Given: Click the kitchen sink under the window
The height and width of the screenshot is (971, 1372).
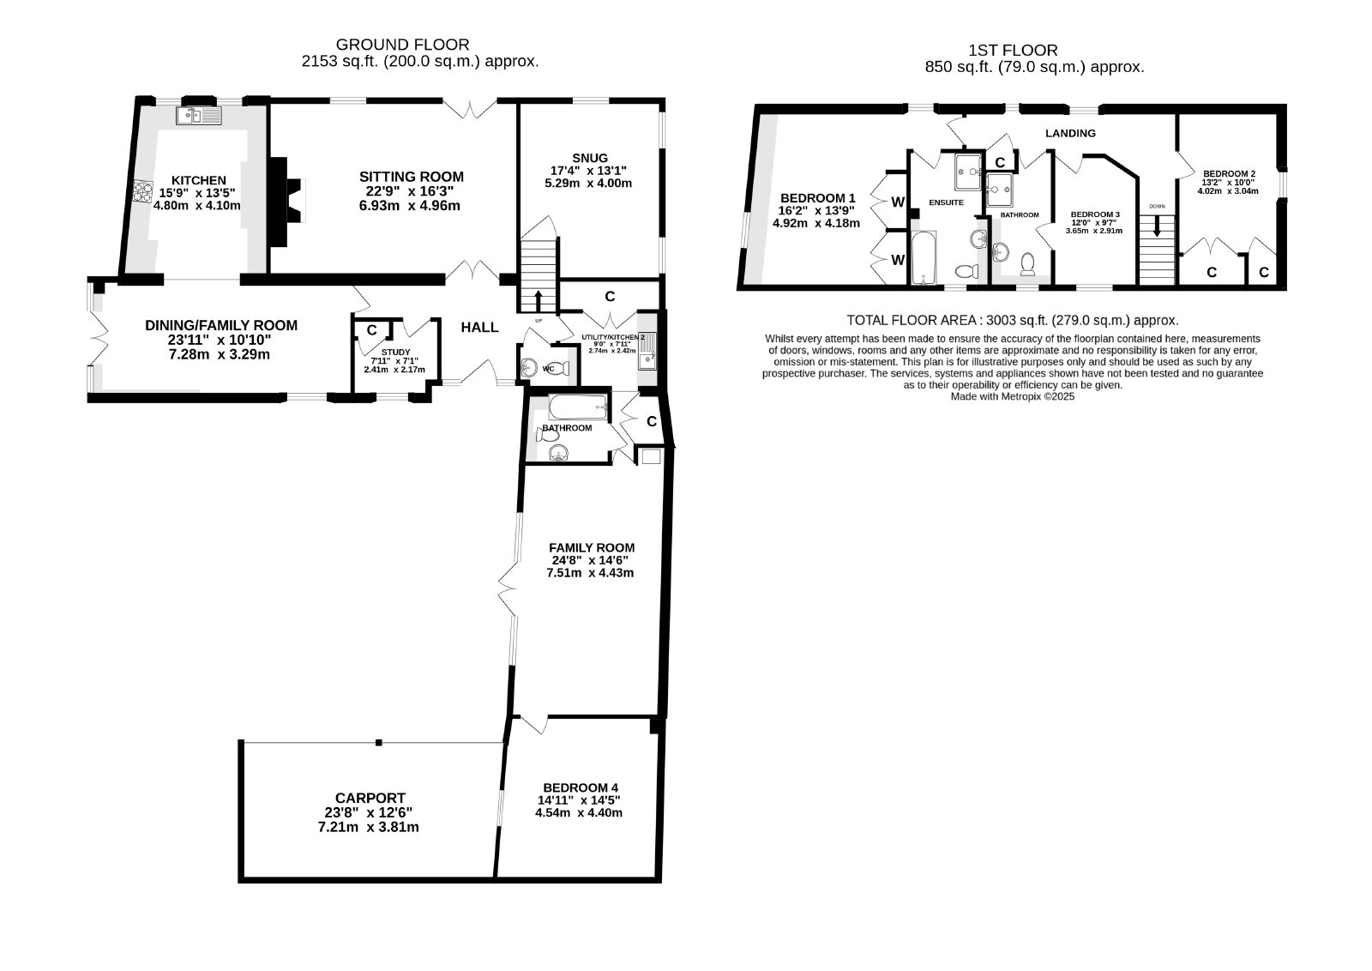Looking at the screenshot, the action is tap(198, 115).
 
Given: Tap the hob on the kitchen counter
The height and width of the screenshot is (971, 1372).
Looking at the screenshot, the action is tap(142, 192).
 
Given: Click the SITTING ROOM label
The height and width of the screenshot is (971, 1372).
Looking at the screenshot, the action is tap(412, 177).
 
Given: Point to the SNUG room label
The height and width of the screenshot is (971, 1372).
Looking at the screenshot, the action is tap(591, 158).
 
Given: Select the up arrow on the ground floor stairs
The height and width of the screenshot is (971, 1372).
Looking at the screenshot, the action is tap(539, 300).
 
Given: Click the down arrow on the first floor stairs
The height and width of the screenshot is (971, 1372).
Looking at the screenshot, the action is tap(1157, 226).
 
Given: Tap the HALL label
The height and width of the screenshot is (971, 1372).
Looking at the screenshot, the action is tap(479, 327).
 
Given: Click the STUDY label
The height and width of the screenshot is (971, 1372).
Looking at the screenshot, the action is tap(395, 353).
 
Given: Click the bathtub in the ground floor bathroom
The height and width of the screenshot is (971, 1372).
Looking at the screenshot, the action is tap(578, 407).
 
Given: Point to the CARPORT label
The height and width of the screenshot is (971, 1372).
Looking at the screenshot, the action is tap(370, 799).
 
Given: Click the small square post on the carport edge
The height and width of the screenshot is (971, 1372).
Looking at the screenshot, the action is tap(378, 743).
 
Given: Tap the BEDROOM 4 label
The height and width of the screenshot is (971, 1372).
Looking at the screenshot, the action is tap(581, 787).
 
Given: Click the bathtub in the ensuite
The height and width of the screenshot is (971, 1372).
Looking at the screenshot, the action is tap(924, 258).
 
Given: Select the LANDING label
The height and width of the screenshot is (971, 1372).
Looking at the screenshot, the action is tap(1071, 133).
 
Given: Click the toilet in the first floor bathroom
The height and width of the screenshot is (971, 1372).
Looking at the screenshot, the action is tap(1028, 264).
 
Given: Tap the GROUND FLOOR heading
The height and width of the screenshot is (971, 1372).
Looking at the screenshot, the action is tap(402, 45).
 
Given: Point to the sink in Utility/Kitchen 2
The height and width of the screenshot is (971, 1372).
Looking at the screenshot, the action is tap(647, 352).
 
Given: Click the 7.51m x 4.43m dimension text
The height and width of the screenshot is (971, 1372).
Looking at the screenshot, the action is tap(590, 573).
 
